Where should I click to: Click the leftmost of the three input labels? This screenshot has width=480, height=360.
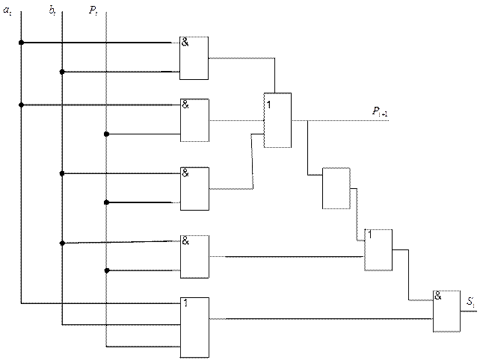[x=7, y=10]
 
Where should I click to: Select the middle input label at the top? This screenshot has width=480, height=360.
[x=51, y=10]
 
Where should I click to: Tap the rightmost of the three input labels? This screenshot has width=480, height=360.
[x=93, y=10]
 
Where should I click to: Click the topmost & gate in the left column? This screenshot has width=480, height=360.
[x=194, y=58]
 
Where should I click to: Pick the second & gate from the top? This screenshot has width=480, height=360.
[x=194, y=120]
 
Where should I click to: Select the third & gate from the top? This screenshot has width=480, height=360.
[x=194, y=189]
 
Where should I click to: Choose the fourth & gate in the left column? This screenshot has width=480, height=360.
[x=194, y=256]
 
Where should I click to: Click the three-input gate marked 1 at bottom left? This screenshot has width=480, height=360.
[x=194, y=326]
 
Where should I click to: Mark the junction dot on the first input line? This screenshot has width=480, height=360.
[x=20, y=43]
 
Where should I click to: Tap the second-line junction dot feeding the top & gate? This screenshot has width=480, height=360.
[x=62, y=72]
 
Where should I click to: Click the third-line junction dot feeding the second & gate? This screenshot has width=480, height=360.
[x=106, y=134]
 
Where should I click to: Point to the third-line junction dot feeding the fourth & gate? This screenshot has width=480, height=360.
[x=106, y=270]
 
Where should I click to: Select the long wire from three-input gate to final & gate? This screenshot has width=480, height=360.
[x=321, y=319]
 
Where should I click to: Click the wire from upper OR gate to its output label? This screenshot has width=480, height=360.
[x=329, y=120]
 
